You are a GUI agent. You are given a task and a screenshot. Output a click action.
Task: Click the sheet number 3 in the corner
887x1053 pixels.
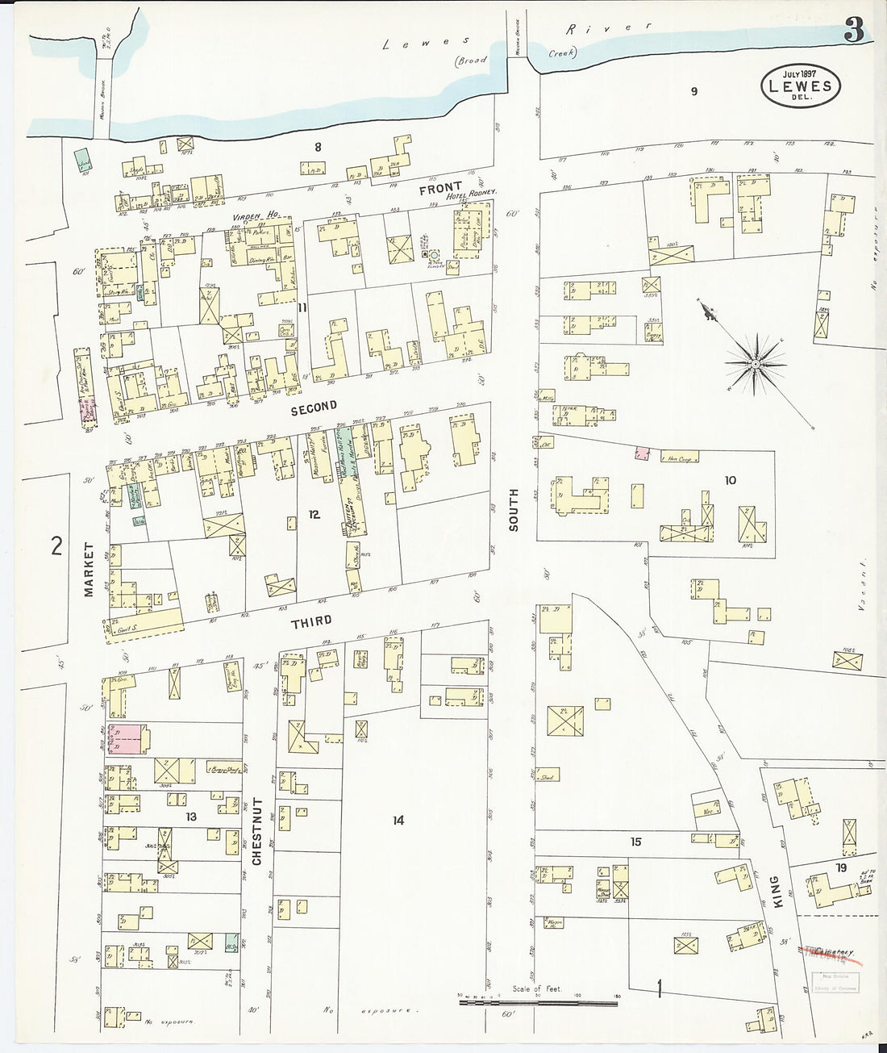point(854,31)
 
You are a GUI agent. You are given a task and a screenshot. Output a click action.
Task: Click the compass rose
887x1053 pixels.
point(755,365)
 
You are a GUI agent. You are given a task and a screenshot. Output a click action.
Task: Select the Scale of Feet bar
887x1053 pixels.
point(537,1001)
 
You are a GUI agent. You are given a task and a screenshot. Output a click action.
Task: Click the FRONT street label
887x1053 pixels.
point(440,188)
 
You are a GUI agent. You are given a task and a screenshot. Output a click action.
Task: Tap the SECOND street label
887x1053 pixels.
point(314,409)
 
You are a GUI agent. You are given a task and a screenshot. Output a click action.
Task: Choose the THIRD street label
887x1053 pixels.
point(311,622)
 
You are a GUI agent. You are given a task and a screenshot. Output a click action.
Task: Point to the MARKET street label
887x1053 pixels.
point(89,569)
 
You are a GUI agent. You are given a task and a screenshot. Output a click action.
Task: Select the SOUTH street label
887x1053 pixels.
point(514,509)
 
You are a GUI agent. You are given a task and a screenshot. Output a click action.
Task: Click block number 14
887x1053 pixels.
point(398,821)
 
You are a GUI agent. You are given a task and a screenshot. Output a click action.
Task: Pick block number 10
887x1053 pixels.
point(730,480)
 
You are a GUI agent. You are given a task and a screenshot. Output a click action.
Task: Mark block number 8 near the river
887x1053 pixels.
point(318,147)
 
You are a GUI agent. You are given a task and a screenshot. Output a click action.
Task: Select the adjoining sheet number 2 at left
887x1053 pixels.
point(56,546)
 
